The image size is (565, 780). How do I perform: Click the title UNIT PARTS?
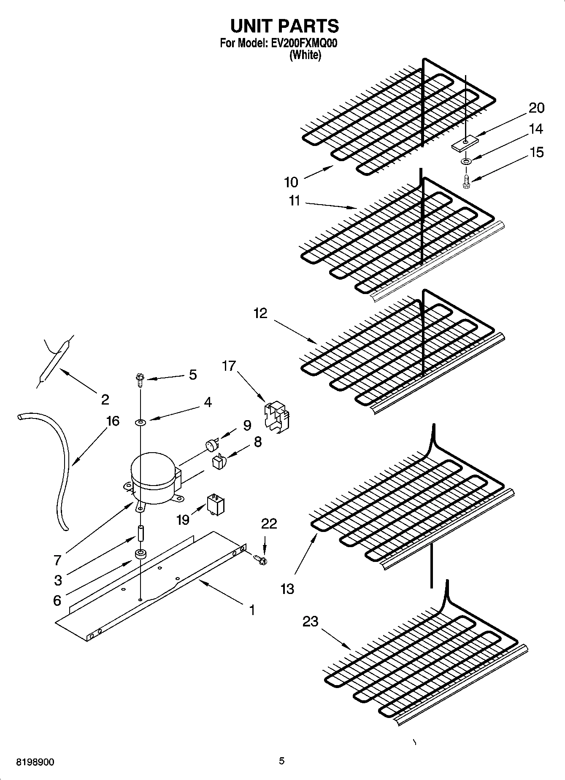click(284, 26)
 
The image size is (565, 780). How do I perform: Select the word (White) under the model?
click(305, 55)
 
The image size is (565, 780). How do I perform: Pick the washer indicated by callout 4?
click(140, 422)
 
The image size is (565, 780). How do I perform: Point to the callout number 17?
click(229, 366)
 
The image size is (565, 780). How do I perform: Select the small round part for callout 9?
click(211, 444)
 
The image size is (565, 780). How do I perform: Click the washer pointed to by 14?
click(466, 161)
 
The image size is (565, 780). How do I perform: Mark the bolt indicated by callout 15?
click(466, 182)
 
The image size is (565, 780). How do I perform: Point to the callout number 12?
click(260, 313)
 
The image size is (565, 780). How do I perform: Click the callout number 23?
click(310, 621)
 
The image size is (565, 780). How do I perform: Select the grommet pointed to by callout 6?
click(140, 554)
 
